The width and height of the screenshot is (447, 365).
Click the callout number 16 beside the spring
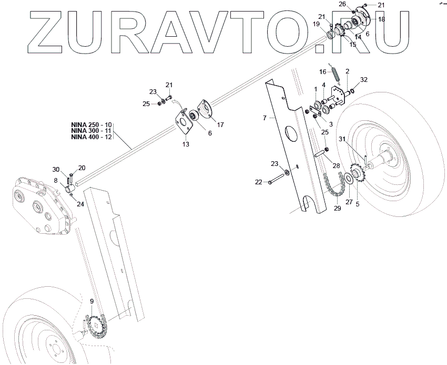click(x=323, y=72)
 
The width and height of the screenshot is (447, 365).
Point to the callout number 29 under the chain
click(x=337, y=208)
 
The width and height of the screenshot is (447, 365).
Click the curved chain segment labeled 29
click(x=334, y=188)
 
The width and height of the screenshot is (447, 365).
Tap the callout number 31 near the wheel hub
click(x=342, y=139)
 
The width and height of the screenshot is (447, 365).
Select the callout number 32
click(x=364, y=80)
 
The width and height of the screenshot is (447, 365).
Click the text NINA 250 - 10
click(x=91, y=124)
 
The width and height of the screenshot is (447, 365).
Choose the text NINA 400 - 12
click(x=91, y=137)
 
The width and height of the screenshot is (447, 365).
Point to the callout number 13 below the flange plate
click(x=186, y=143)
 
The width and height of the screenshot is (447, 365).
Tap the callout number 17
click(x=220, y=125)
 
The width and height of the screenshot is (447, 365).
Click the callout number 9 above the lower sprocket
click(x=92, y=301)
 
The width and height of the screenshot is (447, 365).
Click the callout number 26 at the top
click(x=342, y=4)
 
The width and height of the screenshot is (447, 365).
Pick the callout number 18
click(x=381, y=19)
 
